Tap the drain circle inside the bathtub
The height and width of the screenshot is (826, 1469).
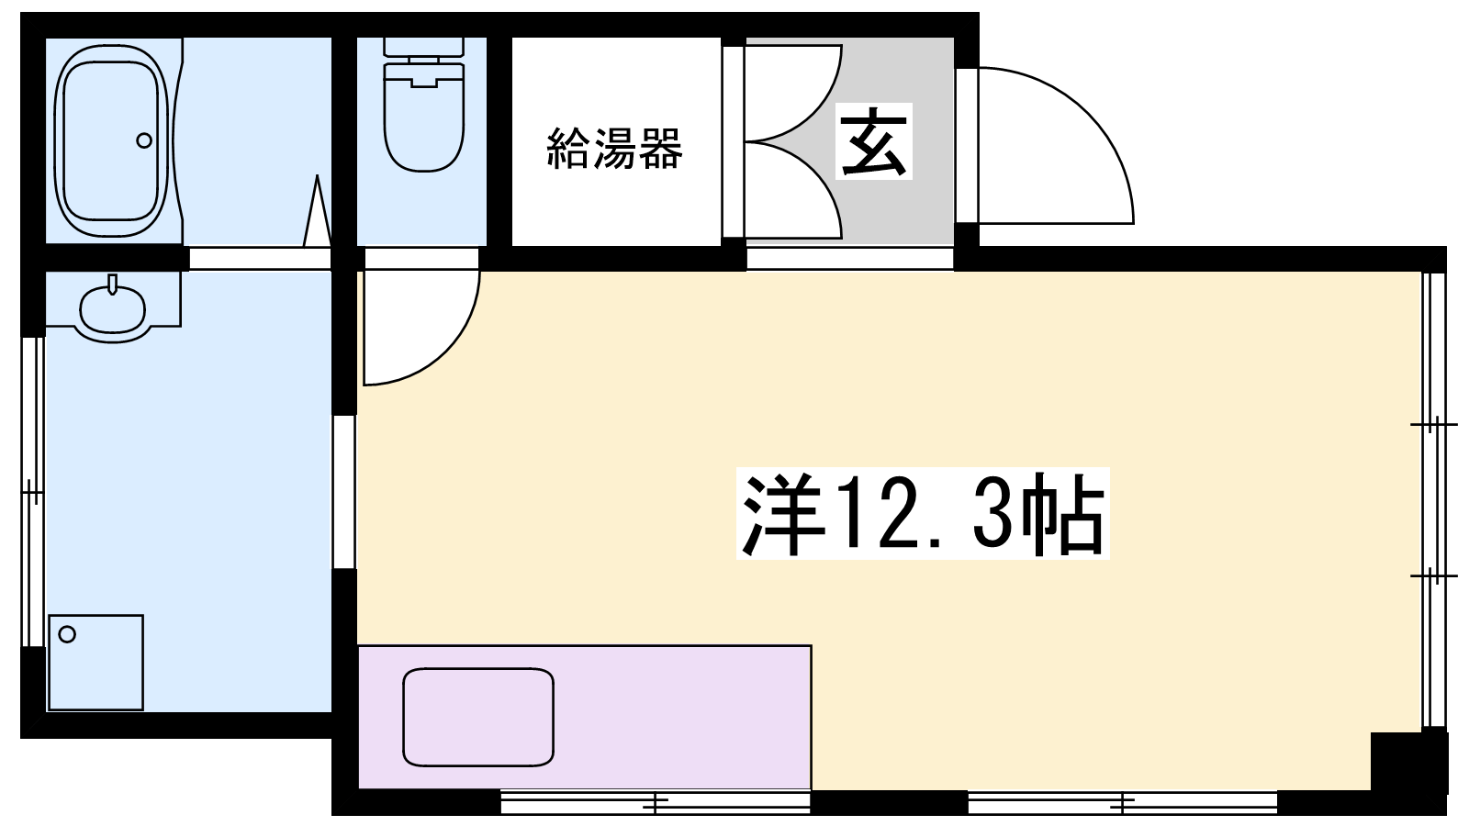coord(144,140)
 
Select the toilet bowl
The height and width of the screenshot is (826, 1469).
coord(424,118)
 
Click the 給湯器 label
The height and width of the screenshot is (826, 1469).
coord(614,148)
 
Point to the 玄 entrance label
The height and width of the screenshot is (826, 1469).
coord(874,141)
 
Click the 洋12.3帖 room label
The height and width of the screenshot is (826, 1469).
coord(923,513)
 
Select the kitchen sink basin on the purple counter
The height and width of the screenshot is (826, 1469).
coord(478,717)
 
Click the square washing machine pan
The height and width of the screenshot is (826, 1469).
coord(96,662)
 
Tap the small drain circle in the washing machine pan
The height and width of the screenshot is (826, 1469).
coord(67,634)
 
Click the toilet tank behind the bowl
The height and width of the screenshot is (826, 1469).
coord(424,47)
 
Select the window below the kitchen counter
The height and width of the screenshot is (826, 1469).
coord(656,801)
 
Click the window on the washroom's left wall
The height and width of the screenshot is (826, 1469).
coord(33,492)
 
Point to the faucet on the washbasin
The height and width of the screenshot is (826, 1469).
coord(113,285)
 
